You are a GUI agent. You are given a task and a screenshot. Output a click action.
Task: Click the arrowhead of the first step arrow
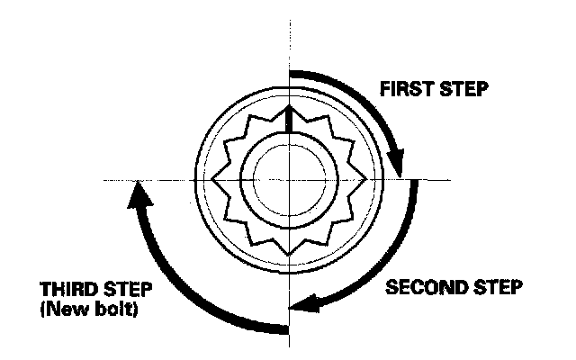398,166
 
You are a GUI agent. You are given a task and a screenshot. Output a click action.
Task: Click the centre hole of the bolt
286,179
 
